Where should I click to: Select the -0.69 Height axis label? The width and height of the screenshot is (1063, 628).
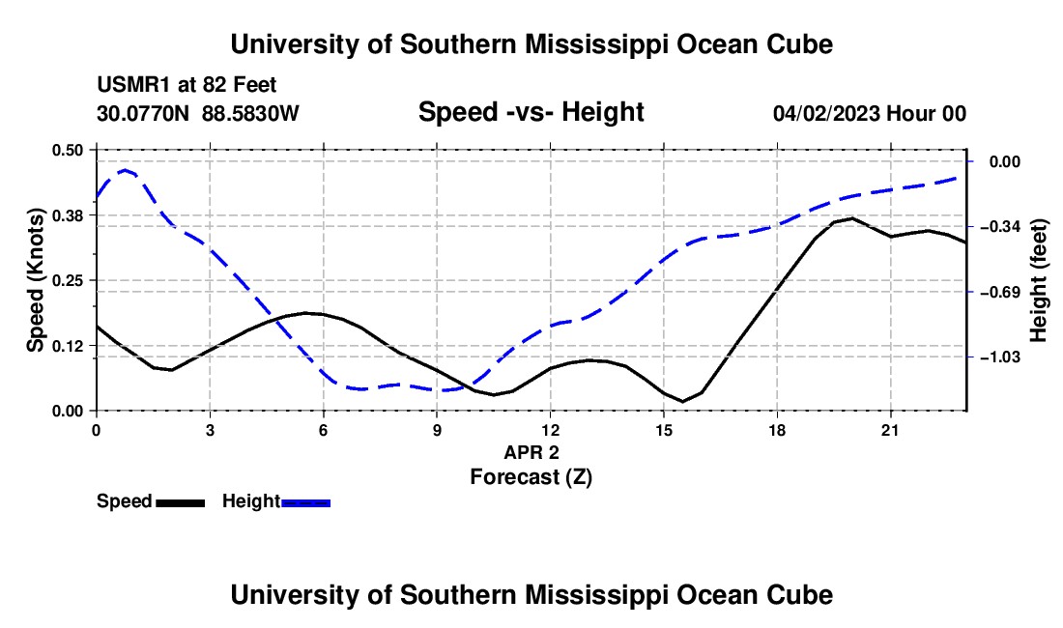click(x=1000, y=292)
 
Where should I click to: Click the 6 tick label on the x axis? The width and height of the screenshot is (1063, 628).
click(x=324, y=430)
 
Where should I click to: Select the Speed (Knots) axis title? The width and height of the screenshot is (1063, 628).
click(x=35, y=280)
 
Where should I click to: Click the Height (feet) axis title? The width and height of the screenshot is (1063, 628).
click(x=1039, y=280)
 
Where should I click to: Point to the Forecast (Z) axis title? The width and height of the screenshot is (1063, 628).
click(x=531, y=477)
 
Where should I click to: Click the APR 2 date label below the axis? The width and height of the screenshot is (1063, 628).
click(x=531, y=452)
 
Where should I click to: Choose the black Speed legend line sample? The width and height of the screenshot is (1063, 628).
click(x=181, y=502)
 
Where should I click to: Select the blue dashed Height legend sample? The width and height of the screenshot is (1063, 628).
click(x=305, y=502)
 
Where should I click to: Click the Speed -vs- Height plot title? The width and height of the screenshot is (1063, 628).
click(x=531, y=112)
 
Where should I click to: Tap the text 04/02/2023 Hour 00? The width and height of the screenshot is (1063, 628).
click(x=870, y=113)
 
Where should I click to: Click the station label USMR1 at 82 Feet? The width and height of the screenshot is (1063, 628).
click(x=187, y=85)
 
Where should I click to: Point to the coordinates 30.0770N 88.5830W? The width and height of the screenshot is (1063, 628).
click(x=198, y=113)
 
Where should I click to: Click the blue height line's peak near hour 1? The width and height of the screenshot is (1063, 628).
click(x=125, y=170)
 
